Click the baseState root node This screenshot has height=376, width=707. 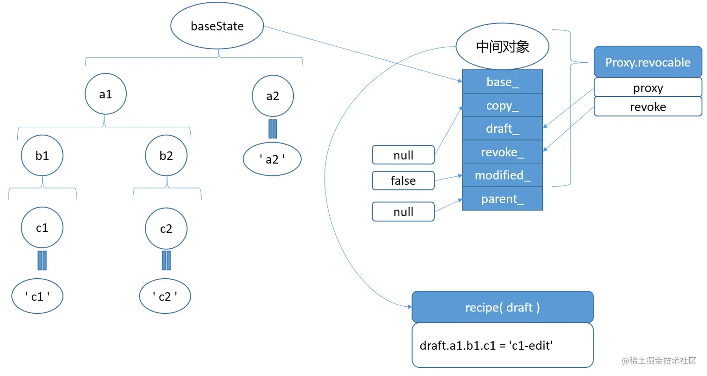217,26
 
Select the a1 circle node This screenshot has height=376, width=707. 106,94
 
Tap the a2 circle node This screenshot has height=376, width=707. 272,96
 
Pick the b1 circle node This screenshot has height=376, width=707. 42,156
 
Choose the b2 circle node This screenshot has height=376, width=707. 166,156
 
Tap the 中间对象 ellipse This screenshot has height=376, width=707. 502,47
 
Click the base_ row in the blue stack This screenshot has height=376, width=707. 502,82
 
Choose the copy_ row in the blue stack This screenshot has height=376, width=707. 502,105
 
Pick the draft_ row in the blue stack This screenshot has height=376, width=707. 502,129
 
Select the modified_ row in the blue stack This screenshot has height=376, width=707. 502,175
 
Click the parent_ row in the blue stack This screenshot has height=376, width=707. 502,199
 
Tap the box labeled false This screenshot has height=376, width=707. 403,181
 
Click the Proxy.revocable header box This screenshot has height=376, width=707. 648,62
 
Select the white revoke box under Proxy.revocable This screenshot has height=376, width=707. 648,107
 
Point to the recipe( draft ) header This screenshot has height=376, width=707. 502,307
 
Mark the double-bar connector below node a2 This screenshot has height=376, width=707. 272,129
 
